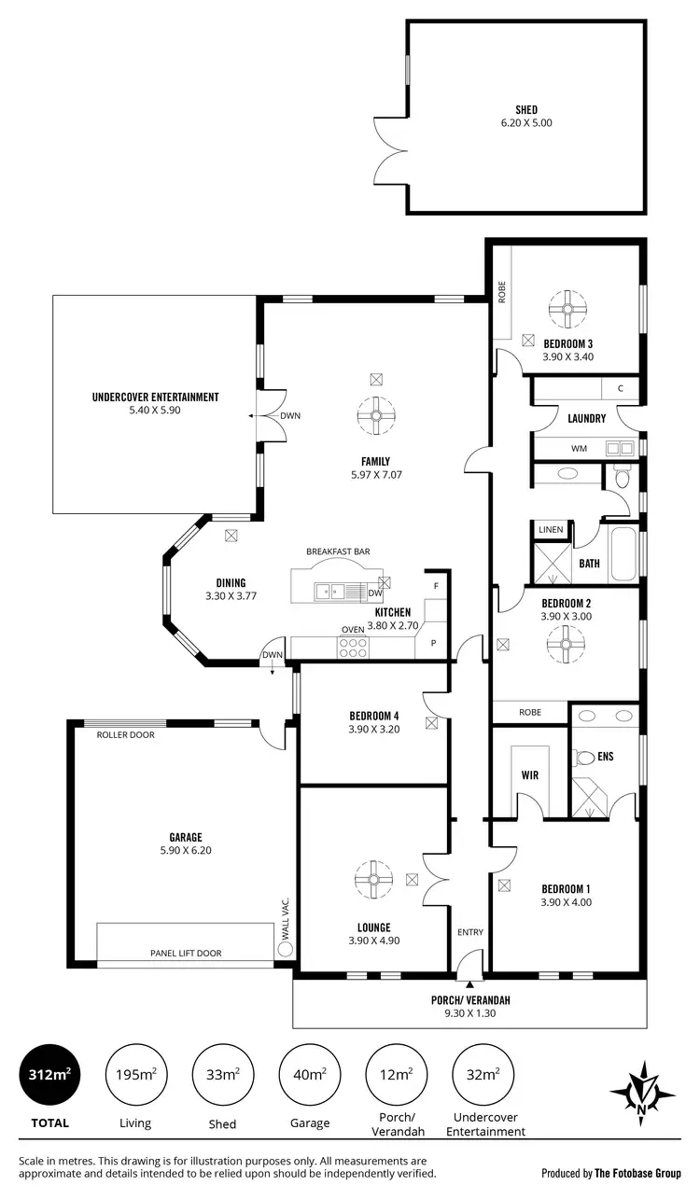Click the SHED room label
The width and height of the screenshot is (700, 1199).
coord(526,109)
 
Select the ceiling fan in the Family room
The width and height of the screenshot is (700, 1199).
coord(376,416)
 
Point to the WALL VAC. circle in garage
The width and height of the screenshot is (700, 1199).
coord(286,948)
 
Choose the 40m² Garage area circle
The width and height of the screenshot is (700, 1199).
coord(310,1075)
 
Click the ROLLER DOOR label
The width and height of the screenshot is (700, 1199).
coord(125,735)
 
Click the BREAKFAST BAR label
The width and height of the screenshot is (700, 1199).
coord(338,551)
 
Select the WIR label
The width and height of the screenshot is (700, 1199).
coord(529,775)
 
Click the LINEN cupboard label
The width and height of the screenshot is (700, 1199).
coord(551,530)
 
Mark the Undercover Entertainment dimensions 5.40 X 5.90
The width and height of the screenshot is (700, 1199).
coord(155,410)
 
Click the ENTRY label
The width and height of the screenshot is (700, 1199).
coord(469,932)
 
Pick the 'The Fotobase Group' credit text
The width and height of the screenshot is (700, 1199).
coord(638,1173)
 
